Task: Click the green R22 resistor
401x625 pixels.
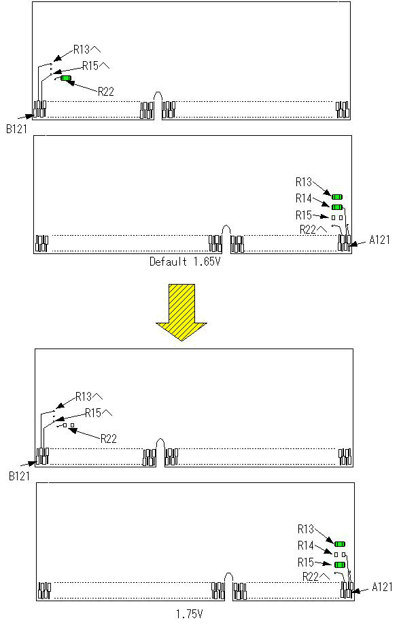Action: click(66, 78)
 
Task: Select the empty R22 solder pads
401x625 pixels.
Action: click(69, 425)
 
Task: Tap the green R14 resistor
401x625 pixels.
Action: click(337, 207)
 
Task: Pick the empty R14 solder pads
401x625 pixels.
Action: click(340, 554)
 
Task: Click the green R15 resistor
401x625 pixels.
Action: click(340, 565)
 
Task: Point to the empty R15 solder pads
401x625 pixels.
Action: click(337, 217)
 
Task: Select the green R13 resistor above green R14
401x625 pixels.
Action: click(338, 197)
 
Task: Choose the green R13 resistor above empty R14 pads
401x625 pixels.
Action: click(340, 544)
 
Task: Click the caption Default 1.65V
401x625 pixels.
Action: click(185, 262)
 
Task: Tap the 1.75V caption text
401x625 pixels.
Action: click(190, 614)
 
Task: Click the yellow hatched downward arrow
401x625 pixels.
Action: click(181, 312)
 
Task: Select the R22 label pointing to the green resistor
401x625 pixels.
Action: click(106, 92)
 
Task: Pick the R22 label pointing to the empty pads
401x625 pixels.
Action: click(109, 439)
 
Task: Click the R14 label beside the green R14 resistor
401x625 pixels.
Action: click(304, 198)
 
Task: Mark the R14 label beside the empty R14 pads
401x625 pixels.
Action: click(306, 546)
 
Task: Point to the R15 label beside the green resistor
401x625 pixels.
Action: click(306, 562)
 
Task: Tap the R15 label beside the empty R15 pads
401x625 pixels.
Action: click(304, 215)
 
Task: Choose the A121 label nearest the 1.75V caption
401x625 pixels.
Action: click(382, 587)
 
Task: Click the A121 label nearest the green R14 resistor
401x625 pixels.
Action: click(380, 240)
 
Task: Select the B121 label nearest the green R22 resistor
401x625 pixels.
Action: click(17, 129)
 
